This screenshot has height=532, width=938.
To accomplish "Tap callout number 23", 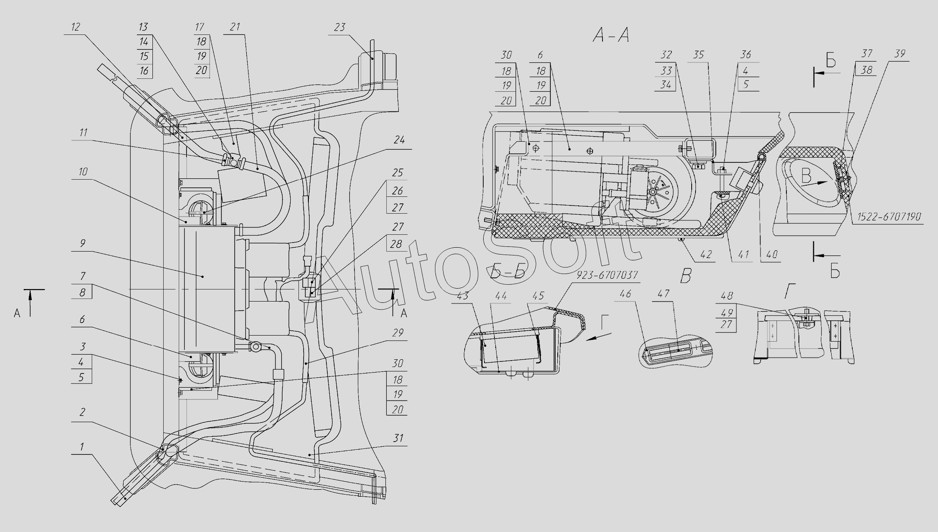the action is click(x=339, y=28).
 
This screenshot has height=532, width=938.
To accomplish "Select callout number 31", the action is click(x=398, y=438).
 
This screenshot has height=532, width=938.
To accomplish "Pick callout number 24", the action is click(x=399, y=140).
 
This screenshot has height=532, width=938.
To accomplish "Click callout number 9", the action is click(x=82, y=243).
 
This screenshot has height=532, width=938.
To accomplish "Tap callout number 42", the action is click(x=706, y=255).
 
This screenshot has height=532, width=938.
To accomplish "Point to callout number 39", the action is click(x=899, y=54).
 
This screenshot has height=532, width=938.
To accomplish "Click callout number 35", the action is click(x=698, y=55).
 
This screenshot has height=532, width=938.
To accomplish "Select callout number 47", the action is click(x=664, y=294).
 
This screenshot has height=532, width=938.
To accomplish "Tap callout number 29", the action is click(x=398, y=333).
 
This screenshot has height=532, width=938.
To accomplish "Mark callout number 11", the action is click(x=83, y=133).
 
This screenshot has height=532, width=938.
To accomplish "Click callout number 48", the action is click(x=726, y=296).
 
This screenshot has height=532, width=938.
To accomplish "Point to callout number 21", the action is click(x=234, y=27).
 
